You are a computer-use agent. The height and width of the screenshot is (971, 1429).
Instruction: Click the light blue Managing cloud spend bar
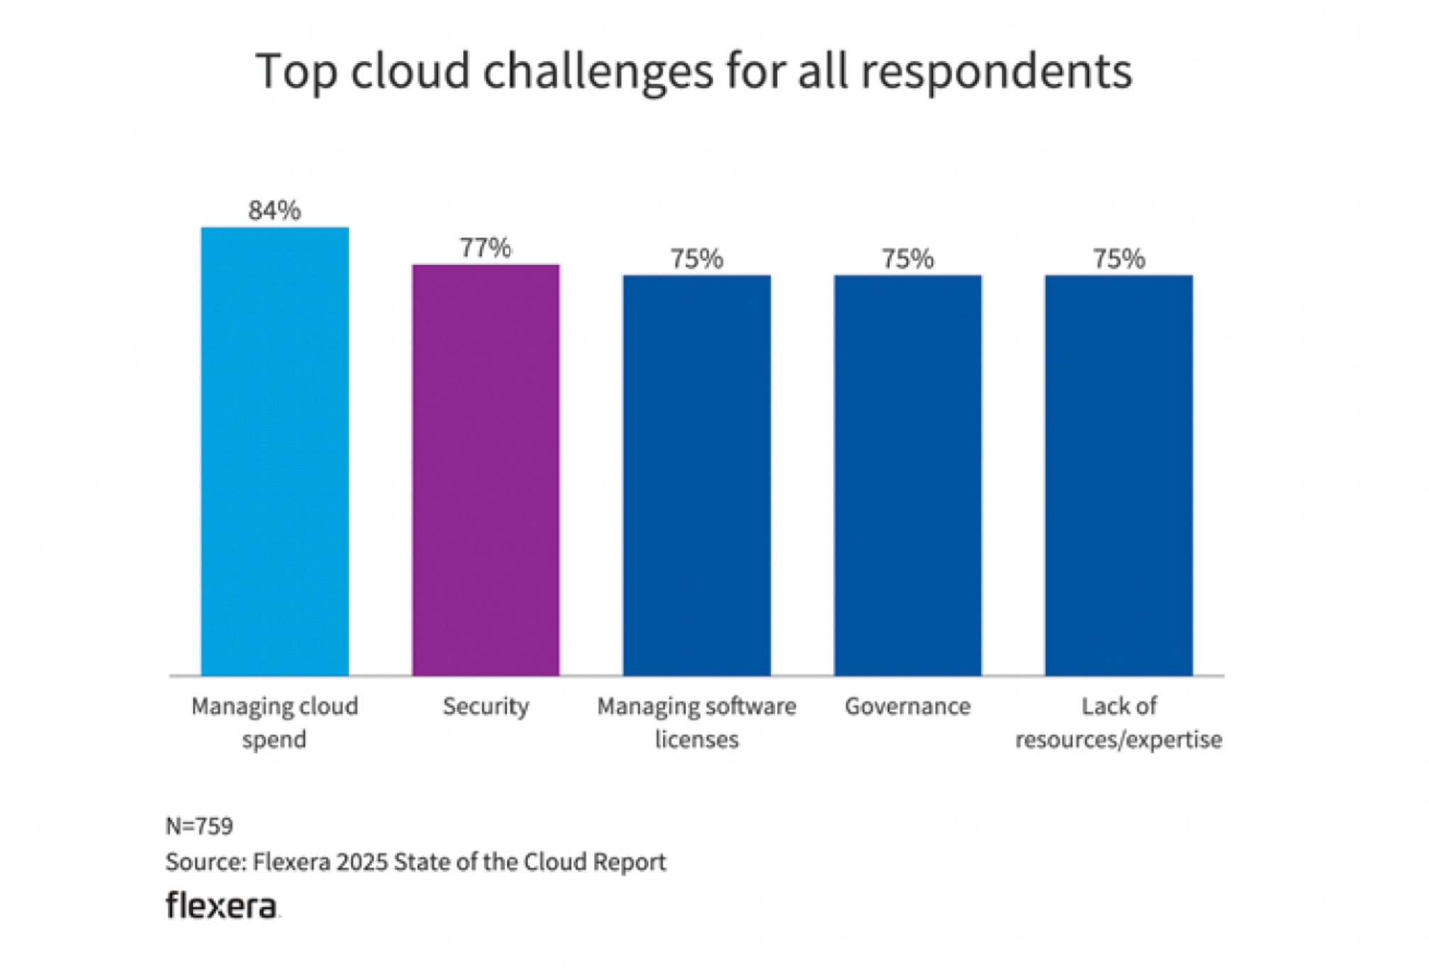pos(275,451)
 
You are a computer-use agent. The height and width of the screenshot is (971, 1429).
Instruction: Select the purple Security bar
pos(486,470)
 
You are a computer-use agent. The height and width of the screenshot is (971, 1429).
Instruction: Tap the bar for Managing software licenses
pos(697,475)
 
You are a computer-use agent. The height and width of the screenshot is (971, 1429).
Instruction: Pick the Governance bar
pos(907,475)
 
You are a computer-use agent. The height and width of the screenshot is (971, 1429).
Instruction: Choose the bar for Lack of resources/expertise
pos(1119,475)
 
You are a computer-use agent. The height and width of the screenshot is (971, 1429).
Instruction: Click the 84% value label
pos(274,211)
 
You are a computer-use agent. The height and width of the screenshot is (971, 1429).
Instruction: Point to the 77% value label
pos(486,248)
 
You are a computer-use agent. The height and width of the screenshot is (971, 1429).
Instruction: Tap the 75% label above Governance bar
pos(907,259)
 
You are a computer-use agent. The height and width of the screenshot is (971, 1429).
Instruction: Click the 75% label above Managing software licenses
pos(697,259)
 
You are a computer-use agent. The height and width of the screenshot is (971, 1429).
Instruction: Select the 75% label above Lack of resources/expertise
pos(1119,259)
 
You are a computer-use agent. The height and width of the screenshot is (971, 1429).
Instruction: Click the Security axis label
pos(486,707)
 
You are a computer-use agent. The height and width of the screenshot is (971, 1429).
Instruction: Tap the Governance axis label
pos(907,707)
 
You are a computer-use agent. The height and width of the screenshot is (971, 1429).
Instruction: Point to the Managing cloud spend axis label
pos(275,722)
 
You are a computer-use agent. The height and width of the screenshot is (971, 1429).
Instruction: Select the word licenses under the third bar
pos(697,740)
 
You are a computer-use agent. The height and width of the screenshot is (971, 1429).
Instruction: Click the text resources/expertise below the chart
pos(1119,740)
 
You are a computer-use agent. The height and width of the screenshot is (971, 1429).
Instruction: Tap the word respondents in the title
pos(996,72)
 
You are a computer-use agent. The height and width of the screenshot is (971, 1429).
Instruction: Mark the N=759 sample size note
pos(199,826)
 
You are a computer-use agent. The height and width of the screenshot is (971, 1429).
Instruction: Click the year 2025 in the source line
pos(362,863)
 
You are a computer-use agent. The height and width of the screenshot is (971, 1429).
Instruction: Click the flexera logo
pos(222,907)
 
